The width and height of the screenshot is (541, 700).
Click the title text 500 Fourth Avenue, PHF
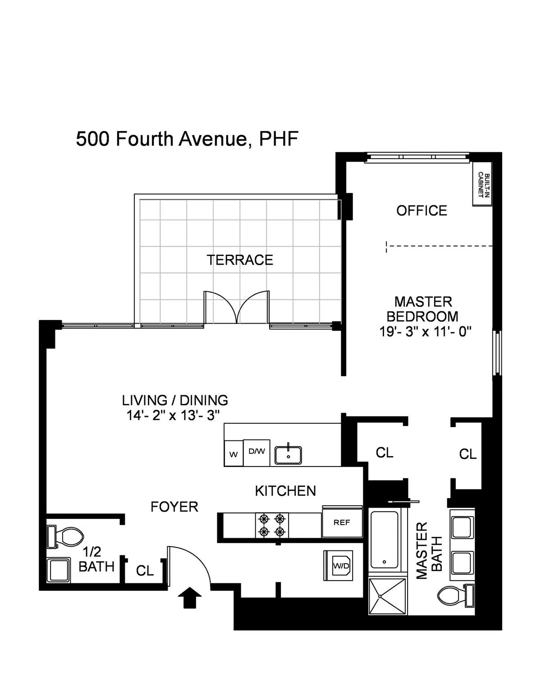(187, 139)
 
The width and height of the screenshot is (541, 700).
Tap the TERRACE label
(240, 260)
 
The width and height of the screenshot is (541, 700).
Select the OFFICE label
(422, 210)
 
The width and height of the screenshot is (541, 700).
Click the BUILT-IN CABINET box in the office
(481, 184)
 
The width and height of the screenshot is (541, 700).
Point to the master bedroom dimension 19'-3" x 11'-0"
(425, 332)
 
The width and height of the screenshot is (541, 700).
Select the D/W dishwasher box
(257, 452)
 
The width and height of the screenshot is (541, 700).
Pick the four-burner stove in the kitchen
(272, 525)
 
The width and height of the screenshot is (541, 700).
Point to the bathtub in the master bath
(384, 540)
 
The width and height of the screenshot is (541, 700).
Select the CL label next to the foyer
(145, 571)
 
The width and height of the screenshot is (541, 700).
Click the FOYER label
(174, 507)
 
